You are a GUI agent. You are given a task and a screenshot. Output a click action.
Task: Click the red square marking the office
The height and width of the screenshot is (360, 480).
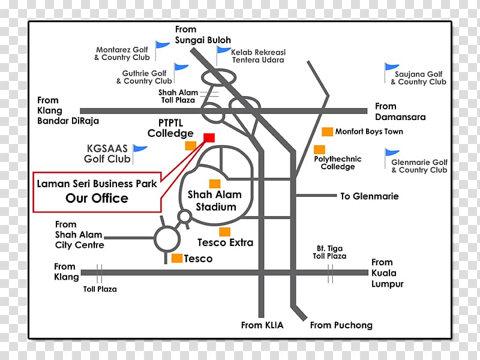[x=209, y=138]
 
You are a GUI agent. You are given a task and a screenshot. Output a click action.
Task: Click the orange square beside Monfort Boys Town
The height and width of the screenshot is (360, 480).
[x=327, y=131]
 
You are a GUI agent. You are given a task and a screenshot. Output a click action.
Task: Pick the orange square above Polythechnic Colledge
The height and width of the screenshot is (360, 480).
[x=319, y=149]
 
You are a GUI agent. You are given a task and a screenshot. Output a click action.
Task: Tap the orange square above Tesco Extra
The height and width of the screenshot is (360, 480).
[x=224, y=232]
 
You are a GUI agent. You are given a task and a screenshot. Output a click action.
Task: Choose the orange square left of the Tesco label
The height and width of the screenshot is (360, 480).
[x=177, y=258]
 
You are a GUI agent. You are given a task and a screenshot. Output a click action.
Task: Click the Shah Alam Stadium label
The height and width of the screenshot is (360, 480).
[x=215, y=200]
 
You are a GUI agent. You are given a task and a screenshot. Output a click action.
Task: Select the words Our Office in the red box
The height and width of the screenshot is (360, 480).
[x=97, y=199]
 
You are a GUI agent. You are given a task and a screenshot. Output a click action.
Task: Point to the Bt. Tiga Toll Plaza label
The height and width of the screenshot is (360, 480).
[x=329, y=252]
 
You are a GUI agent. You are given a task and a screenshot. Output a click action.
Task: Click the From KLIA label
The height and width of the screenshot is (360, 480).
[x=262, y=325]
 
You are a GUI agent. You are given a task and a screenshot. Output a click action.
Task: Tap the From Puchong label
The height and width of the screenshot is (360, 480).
[x=341, y=325]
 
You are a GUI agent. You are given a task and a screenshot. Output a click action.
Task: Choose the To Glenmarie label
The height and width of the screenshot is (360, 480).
[x=370, y=196]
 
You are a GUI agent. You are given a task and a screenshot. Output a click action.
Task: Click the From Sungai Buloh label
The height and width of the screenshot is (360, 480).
[x=203, y=35]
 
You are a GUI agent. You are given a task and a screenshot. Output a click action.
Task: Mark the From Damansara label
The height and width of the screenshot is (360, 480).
[x=400, y=112]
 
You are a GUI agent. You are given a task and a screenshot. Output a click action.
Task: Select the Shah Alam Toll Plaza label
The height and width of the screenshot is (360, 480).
[x=178, y=96]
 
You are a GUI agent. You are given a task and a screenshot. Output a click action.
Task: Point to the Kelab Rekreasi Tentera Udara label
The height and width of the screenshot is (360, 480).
[x=259, y=56]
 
